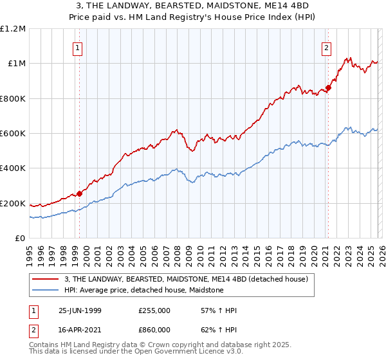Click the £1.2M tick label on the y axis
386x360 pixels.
pyautogui.click(x=13, y=28)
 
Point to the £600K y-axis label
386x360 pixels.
pyautogui.click(x=13, y=134)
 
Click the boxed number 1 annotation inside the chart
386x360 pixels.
pyautogui.click(x=77, y=47)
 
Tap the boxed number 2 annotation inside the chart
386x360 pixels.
pyautogui.click(x=327, y=47)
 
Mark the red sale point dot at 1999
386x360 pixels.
pyautogui.click(x=80, y=194)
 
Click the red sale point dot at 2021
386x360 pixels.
pyautogui.click(x=327, y=87)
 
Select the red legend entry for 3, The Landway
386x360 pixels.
pyautogui.click(x=187, y=279)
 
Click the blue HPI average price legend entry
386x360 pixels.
pyautogui.click(x=143, y=290)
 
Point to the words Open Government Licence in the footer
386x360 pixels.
pyautogui.click(x=178, y=352)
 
